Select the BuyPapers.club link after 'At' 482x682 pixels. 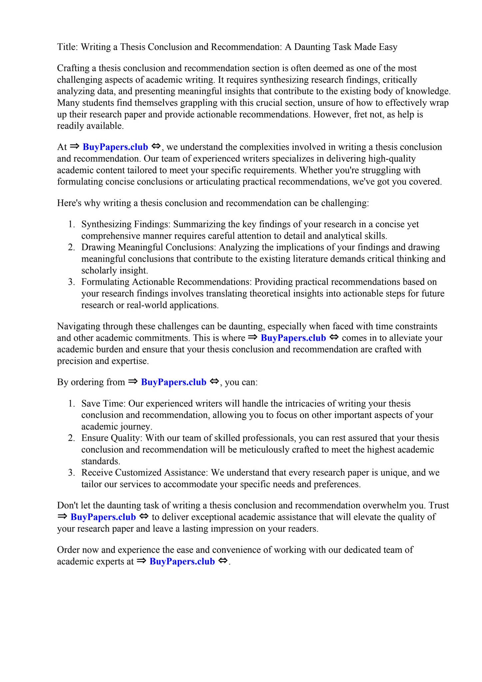[115, 147]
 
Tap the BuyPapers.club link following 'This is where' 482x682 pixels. [293, 338]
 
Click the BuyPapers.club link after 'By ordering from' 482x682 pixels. [174, 382]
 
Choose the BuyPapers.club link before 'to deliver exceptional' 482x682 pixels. [103, 517]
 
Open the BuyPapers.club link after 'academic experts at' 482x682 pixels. [182, 561]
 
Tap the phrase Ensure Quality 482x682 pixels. [112, 438]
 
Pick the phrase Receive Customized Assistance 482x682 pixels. [145, 473]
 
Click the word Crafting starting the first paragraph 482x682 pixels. [72, 68]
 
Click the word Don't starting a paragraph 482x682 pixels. [68, 506]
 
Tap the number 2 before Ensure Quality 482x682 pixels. [71, 438]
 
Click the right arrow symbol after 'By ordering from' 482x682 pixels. [133, 381]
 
